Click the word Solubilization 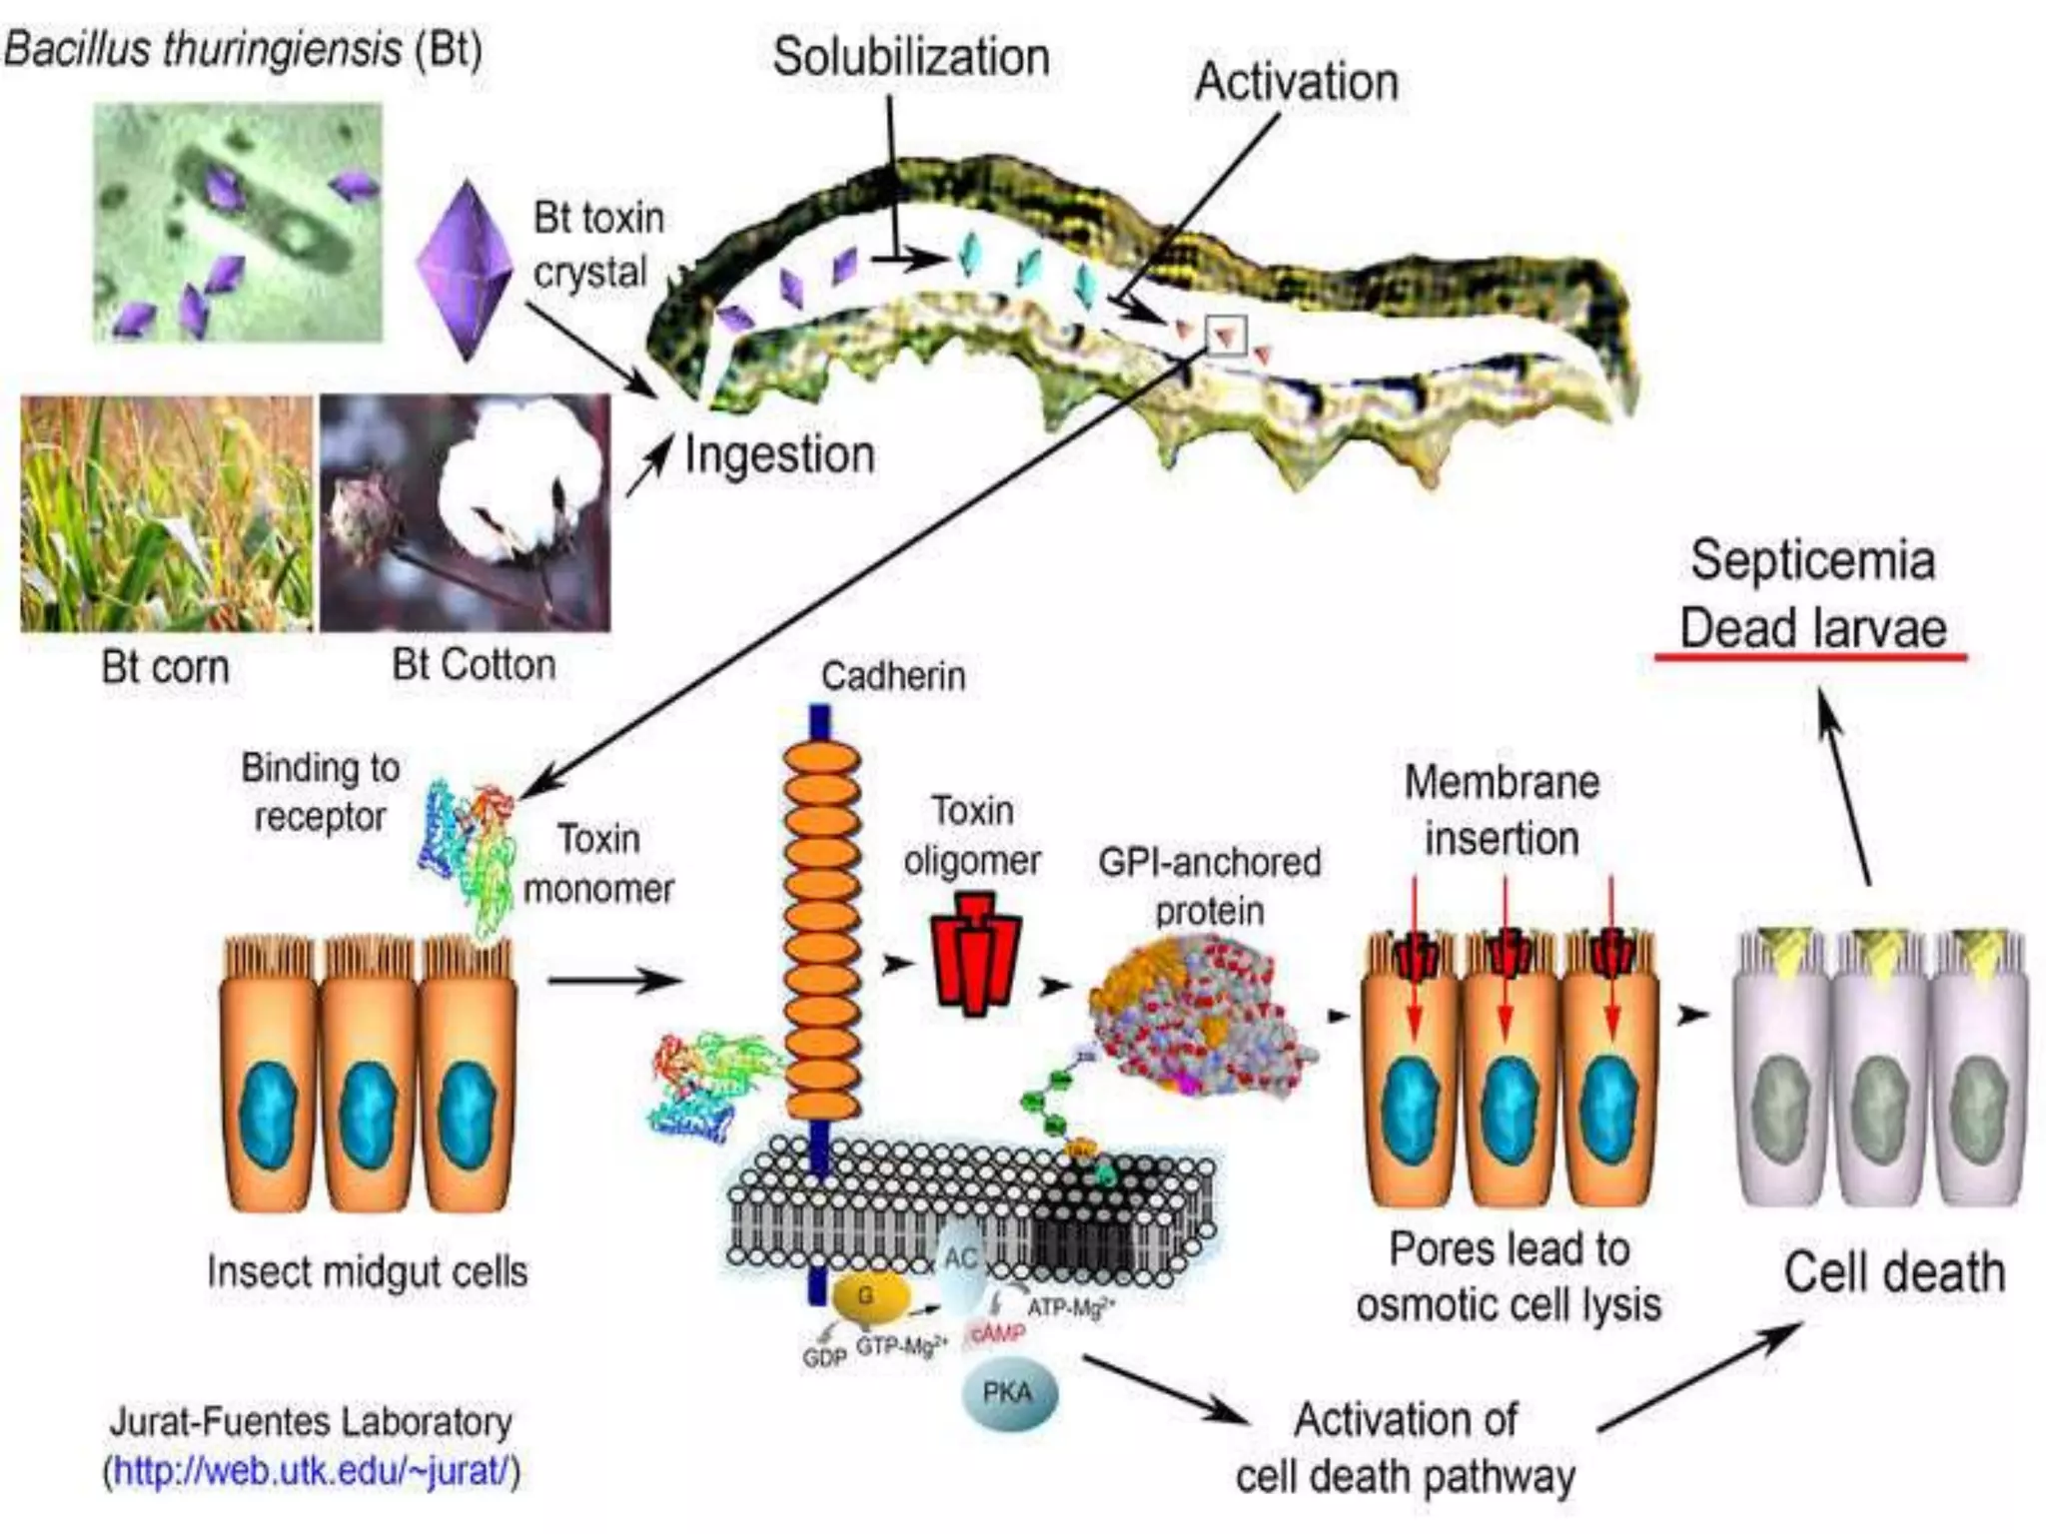pos(910,57)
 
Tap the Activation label pos(1296,82)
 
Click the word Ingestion pos(779,455)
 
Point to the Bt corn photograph pos(166,513)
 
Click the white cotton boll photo pos(466,513)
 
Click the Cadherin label pos(892,676)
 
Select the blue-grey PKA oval pos(1008,1392)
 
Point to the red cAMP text pos(997,1334)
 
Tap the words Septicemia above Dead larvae pos(1812,560)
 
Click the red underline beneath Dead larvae pos(1810,657)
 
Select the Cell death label pos(1894,1272)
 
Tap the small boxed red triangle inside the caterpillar pos(1226,336)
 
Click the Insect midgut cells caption pos(367,1271)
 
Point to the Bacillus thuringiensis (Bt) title pos(243,48)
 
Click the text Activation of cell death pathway pos(1405,1447)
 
